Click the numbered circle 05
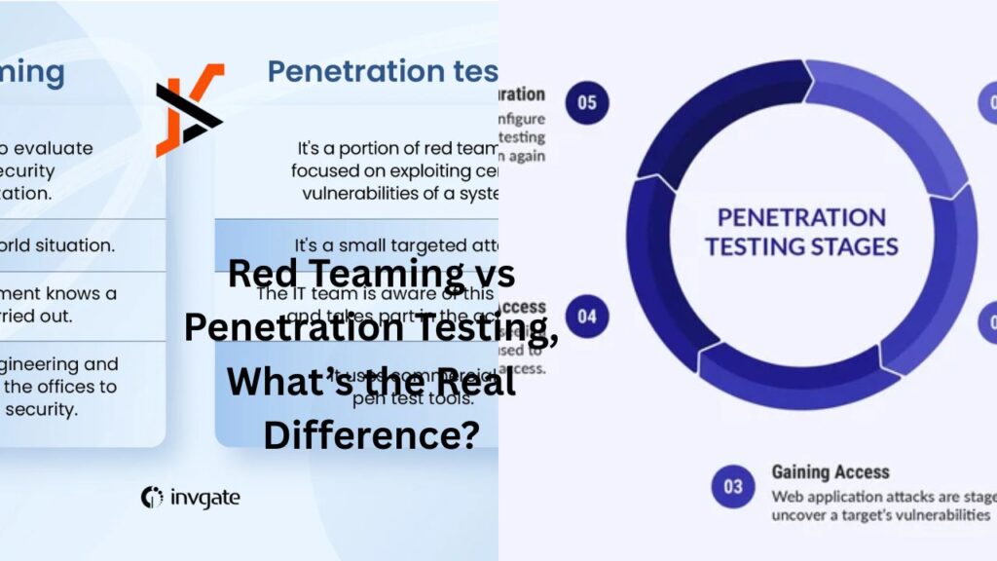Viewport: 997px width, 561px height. (x=587, y=102)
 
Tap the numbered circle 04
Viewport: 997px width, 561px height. (x=587, y=317)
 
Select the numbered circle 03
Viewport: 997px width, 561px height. (x=733, y=486)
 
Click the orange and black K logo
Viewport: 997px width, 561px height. (x=190, y=110)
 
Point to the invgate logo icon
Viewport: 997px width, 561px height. (x=151, y=498)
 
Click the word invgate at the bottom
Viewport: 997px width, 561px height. (x=204, y=498)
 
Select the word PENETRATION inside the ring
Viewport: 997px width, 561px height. (x=801, y=216)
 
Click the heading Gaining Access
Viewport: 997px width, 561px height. (x=831, y=472)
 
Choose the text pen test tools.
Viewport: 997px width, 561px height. (x=387, y=397)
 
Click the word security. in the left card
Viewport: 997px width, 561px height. (x=41, y=409)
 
